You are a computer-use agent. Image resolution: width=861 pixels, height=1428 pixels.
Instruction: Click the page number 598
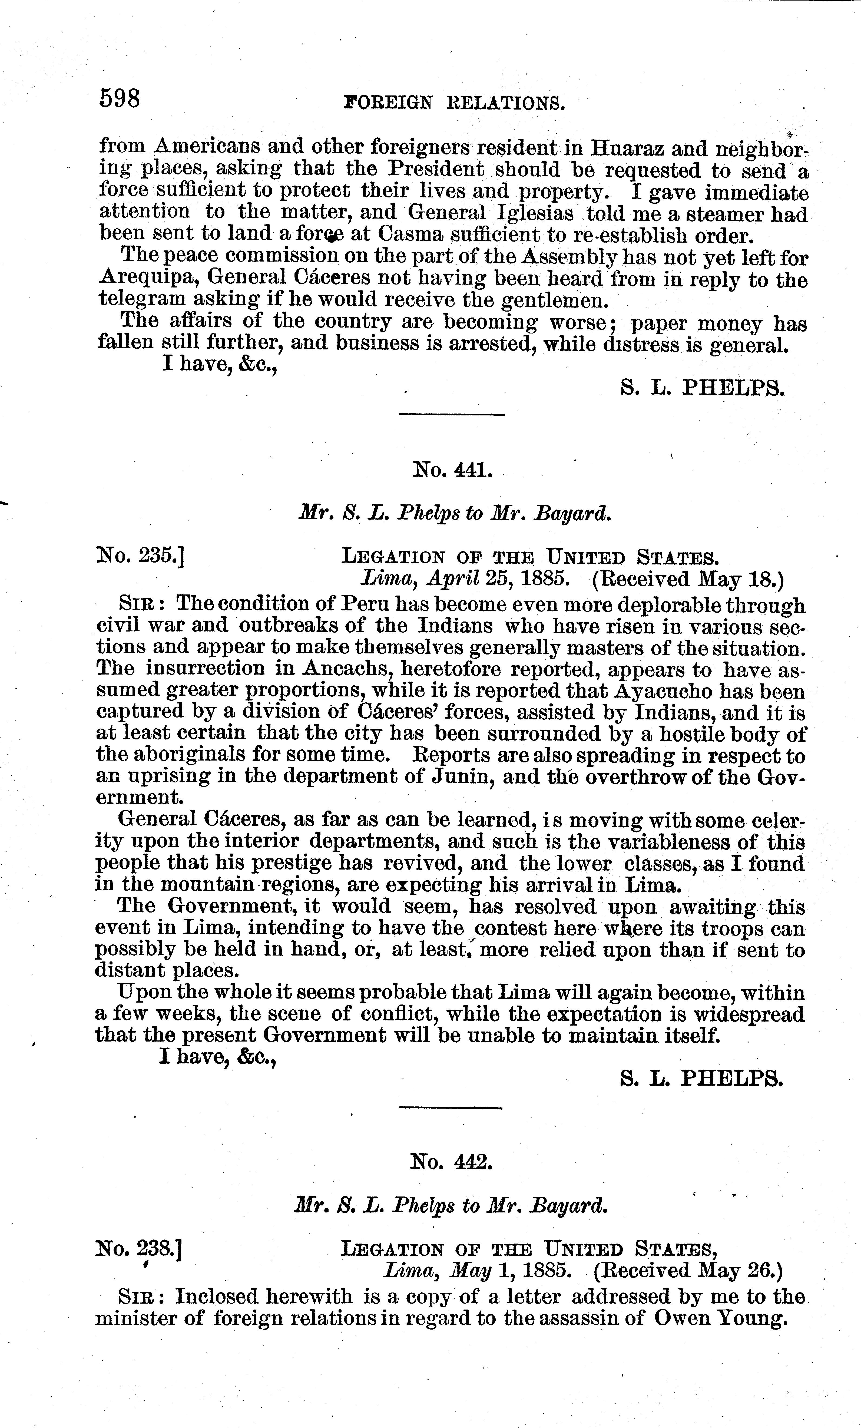coord(120,98)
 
